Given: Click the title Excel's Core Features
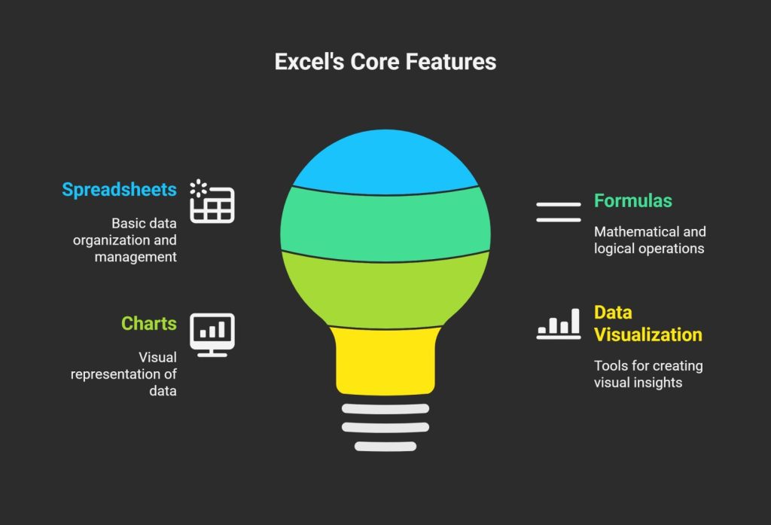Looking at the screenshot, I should [385, 61].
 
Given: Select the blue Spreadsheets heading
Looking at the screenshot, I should [119, 189].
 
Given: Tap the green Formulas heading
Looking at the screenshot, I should [632, 201].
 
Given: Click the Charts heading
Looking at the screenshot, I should [149, 324].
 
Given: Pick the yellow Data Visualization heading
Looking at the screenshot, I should [648, 323].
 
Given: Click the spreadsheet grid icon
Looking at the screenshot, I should [212, 203].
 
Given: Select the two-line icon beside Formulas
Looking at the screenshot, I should [558, 212].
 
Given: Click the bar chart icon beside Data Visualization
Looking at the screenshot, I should [558, 324].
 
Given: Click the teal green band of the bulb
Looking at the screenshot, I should [385, 224].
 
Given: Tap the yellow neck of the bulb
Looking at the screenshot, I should [385, 360].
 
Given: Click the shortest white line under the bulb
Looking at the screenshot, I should [385, 446].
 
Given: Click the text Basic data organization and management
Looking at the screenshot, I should [136, 240].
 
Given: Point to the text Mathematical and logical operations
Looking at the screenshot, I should [650, 240].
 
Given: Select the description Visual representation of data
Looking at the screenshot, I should [124, 374].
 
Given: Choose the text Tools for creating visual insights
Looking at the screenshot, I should [648, 374].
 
